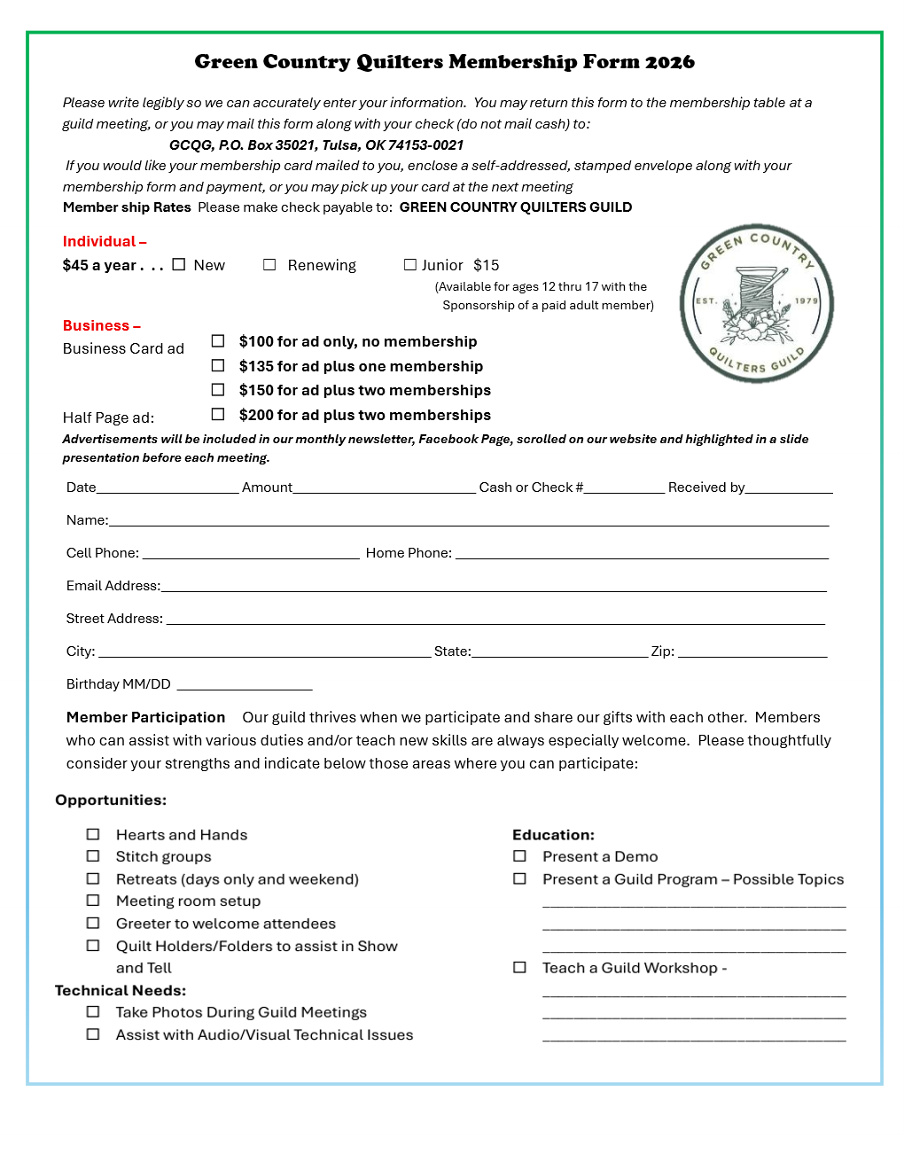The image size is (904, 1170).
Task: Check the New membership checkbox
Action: coord(179,264)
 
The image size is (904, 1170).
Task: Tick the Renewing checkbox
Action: coord(269,264)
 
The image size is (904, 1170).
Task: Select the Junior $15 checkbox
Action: coord(410,264)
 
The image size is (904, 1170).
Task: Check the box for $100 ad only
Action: coord(218,340)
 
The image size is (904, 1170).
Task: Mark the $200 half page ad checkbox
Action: coord(218,414)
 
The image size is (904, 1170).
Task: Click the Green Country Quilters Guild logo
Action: coord(757,303)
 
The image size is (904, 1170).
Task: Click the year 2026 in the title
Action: coord(670,62)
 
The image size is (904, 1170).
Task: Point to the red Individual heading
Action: coord(104,241)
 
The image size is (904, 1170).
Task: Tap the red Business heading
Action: coord(101,325)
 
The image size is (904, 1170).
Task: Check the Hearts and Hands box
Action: coord(93,834)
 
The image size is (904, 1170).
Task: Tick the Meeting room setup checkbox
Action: coord(93,901)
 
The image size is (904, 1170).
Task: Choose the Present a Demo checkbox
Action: coord(520,856)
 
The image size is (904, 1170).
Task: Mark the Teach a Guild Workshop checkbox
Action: coord(520,968)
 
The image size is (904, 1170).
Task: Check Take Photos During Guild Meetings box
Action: coord(93,1011)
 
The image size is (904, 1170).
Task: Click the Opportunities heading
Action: coord(111,799)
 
